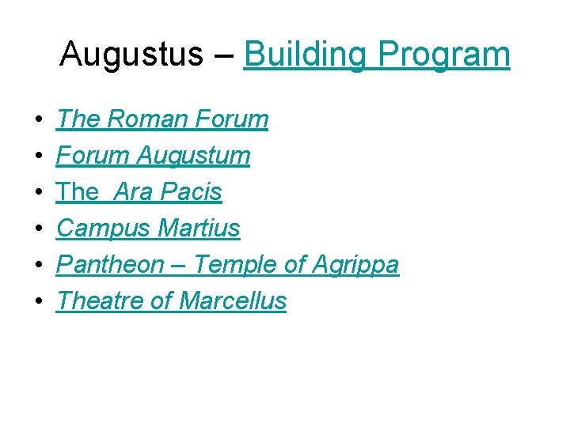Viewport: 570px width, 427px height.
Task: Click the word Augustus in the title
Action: [131, 55]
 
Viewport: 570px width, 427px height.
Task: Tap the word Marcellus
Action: [233, 301]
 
